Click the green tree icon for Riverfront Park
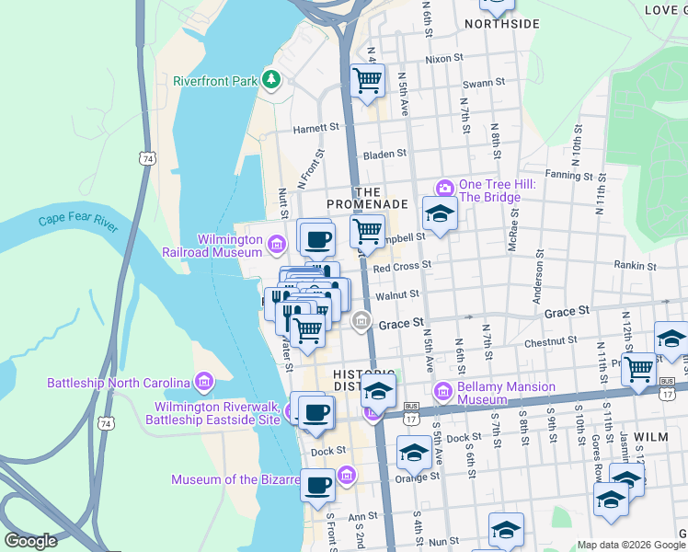271,80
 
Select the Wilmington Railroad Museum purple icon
279,243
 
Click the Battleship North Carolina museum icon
204,382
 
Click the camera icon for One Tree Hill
445,189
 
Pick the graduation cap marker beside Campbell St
440,214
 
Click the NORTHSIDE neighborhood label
501,24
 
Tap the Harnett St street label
310,130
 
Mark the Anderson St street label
537,273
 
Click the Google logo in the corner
31,541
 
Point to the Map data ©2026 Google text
631,545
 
